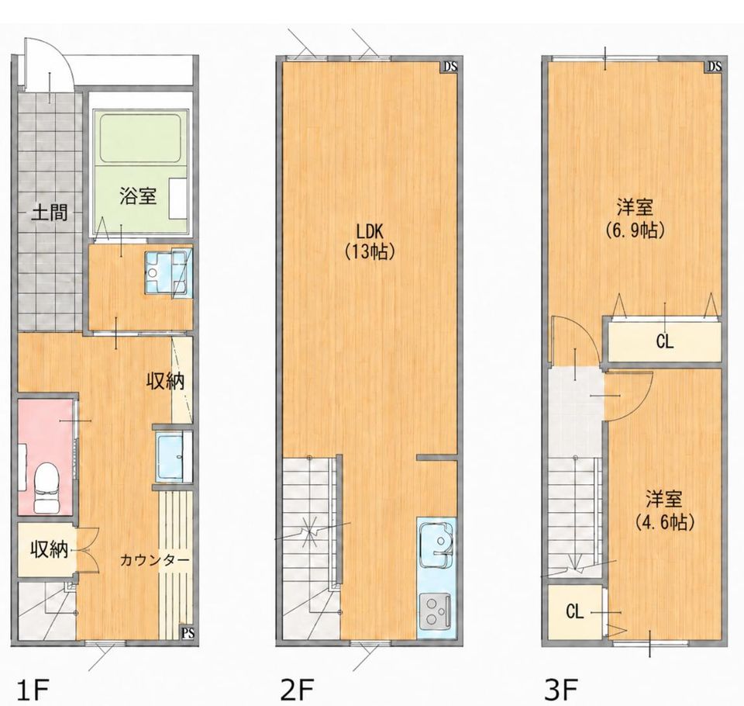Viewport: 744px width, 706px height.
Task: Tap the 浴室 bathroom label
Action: pos(138,196)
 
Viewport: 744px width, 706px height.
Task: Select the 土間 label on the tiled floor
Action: pos(50,213)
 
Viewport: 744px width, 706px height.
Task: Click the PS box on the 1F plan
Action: pos(188,633)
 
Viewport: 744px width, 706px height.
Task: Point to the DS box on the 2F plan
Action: pos(450,67)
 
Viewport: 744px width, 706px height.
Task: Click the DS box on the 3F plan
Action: pos(715,67)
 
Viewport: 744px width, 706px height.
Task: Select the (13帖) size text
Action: pos(370,252)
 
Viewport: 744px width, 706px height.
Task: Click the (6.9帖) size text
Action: pos(635,231)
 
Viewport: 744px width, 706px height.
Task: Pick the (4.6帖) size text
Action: pos(664,523)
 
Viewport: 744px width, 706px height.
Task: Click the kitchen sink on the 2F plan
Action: pos(436,545)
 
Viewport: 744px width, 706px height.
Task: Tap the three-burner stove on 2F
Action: pos(436,610)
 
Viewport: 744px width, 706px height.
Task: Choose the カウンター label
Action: pos(155,560)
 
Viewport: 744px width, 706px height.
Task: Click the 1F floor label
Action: pos(33,690)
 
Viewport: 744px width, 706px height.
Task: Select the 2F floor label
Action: pos(298,690)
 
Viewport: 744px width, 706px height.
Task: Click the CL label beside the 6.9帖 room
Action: pos(665,341)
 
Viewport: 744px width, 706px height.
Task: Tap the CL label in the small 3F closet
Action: pos(574,612)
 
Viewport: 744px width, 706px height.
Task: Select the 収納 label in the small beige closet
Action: pos(49,550)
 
